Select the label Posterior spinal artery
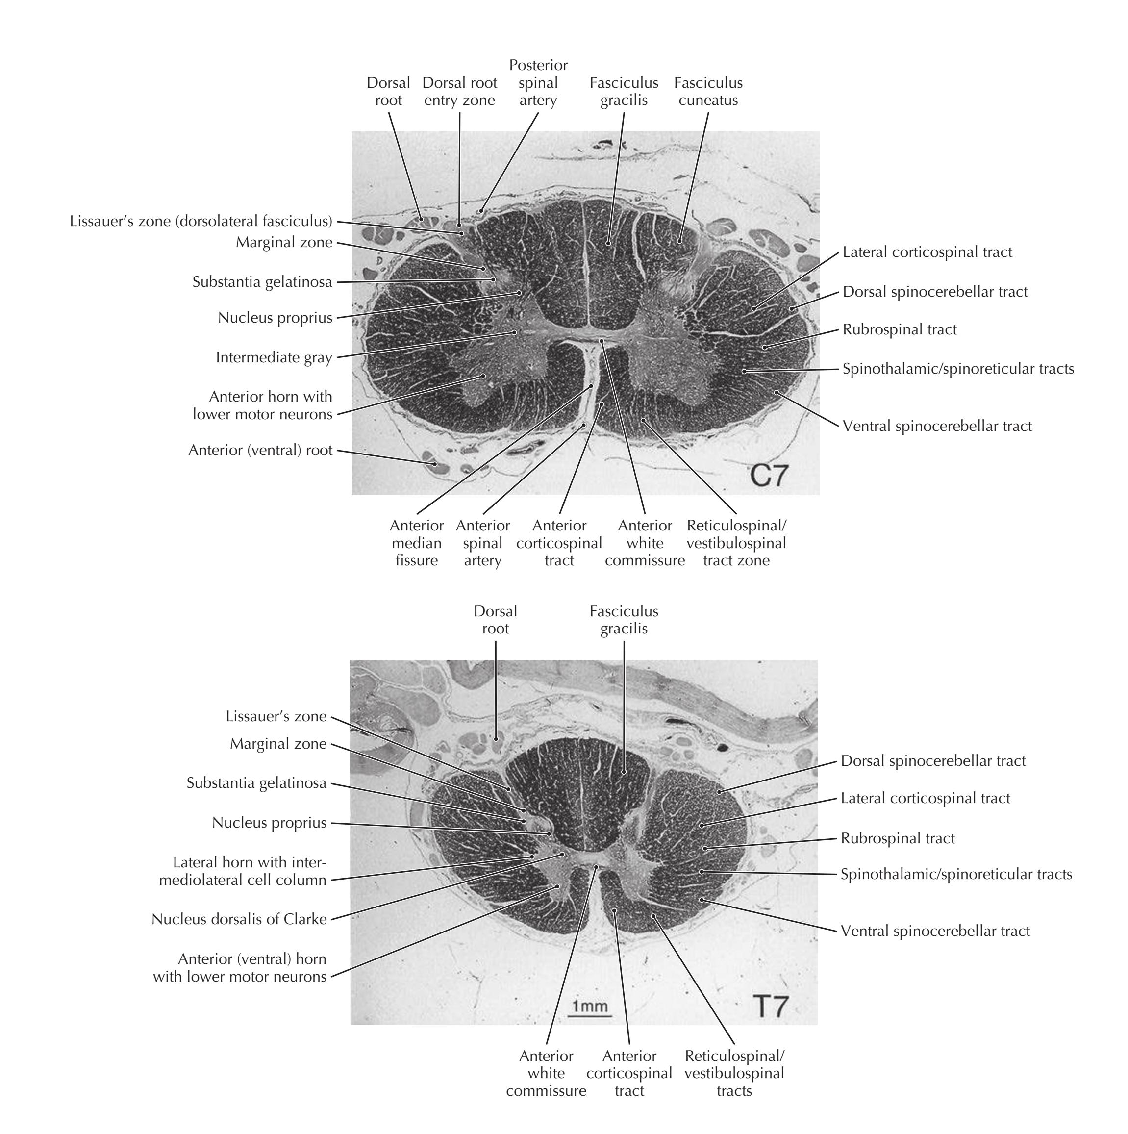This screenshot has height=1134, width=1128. (x=538, y=83)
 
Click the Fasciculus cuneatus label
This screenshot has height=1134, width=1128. (x=708, y=92)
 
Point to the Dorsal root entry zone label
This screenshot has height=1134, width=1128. (x=459, y=92)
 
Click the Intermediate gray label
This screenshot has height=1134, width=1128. (x=274, y=357)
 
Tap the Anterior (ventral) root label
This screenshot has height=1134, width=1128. (x=261, y=450)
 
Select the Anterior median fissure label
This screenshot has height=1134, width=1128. (x=417, y=543)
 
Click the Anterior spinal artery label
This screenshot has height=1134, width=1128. (x=482, y=543)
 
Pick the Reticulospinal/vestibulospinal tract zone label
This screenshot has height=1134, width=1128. (x=736, y=543)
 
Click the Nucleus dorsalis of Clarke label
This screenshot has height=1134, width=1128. (x=239, y=919)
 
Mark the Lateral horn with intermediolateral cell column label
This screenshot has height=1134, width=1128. (x=250, y=871)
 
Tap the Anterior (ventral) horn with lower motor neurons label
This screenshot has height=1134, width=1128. (x=240, y=967)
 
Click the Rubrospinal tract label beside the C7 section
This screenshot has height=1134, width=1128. (x=899, y=330)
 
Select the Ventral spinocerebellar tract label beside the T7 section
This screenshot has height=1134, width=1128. (x=935, y=931)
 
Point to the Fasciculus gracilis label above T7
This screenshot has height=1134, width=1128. (x=624, y=620)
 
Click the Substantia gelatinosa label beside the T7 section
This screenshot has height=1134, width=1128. (x=256, y=783)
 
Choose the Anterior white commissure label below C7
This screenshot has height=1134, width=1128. (x=645, y=543)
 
